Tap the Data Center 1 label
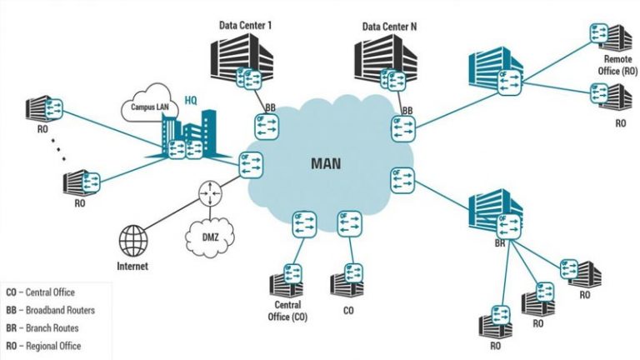(245, 26)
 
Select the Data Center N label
(388, 26)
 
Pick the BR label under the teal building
(500, 243)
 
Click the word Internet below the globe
(132, 267)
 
